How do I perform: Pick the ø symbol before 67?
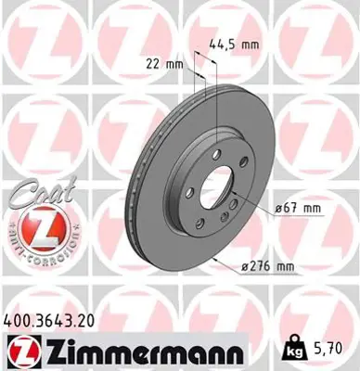[x=277, y=211]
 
